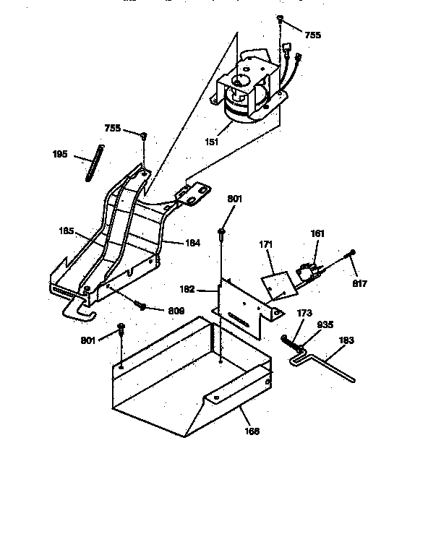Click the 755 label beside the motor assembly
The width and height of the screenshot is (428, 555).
(312, 35)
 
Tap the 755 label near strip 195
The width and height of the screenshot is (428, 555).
(113, 128)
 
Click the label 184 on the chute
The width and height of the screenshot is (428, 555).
(192, 243)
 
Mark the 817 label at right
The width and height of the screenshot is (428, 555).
(359, 283)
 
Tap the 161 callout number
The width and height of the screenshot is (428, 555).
(317, 233)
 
